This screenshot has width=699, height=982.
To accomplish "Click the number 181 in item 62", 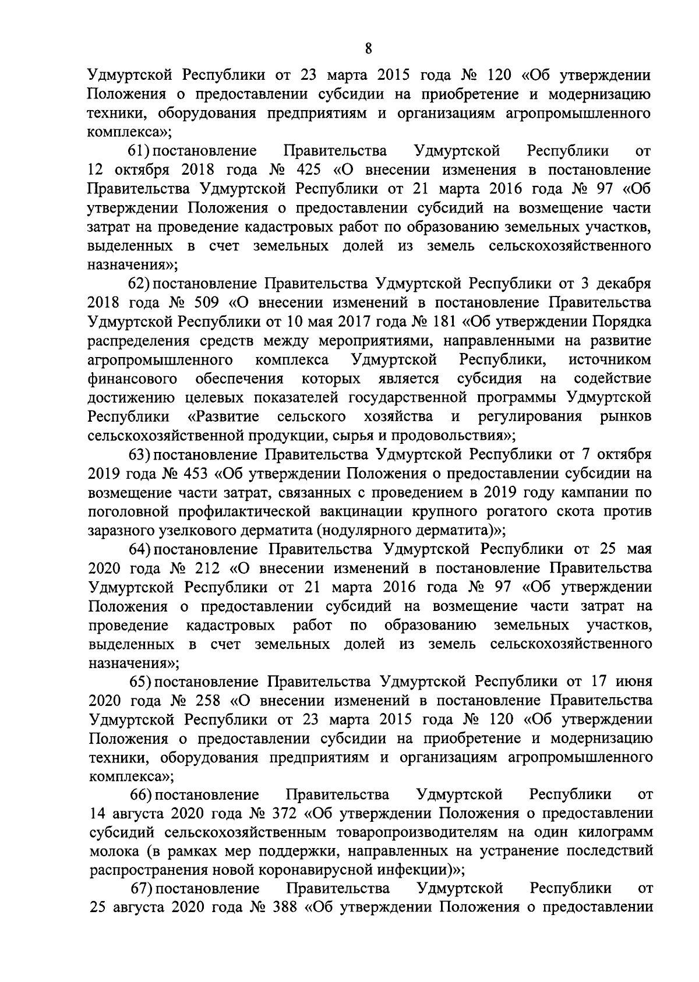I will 445,322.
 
